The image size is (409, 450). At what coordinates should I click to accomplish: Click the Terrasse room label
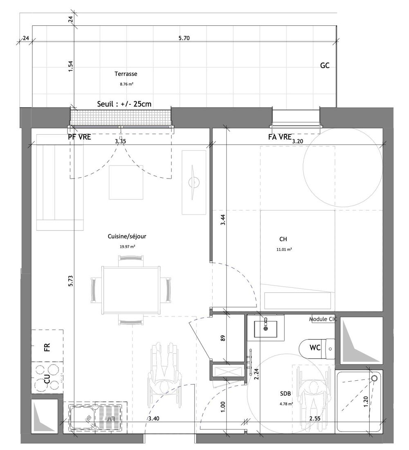126,74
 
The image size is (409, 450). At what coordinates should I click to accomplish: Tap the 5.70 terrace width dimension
184,38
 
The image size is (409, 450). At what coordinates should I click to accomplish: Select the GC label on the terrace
325,66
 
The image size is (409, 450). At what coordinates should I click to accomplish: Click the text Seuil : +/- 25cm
124,104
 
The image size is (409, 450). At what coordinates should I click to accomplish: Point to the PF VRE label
79,137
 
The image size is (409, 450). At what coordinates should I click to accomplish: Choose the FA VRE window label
280,137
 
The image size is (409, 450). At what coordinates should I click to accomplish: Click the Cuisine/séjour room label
127,237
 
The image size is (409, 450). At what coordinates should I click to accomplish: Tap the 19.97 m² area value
127,246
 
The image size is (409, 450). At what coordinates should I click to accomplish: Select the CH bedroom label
283,239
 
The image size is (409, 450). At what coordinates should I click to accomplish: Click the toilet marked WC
317,349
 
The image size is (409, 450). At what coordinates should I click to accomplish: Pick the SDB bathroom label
285,394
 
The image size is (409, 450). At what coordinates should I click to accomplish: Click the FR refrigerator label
47,347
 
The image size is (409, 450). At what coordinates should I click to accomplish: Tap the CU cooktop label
47,378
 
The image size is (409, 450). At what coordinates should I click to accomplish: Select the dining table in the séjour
131,290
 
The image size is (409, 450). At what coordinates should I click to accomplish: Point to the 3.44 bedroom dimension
223,220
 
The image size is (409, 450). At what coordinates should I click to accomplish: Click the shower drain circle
375,378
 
